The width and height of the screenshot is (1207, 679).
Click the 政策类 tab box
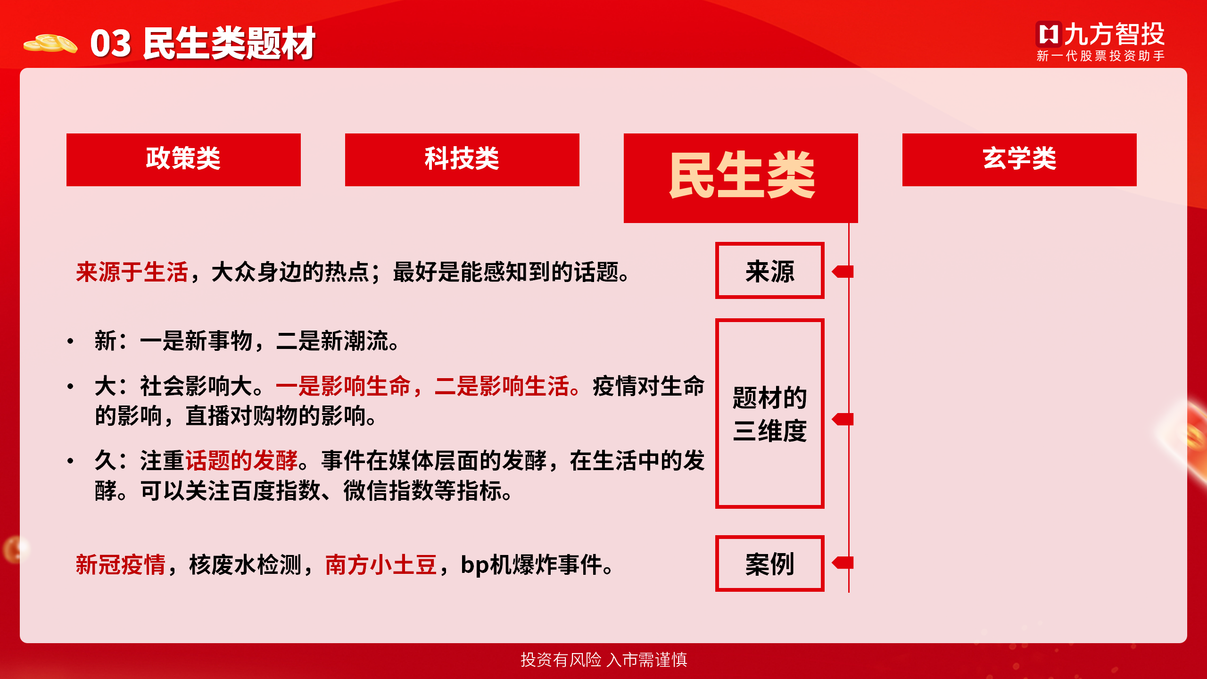click(x=183, y=160)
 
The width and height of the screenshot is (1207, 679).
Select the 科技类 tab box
click(x=462, y=160)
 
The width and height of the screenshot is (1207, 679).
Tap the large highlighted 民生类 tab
click(x=741, y=178)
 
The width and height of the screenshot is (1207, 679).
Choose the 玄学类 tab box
click(x=1019, y=160)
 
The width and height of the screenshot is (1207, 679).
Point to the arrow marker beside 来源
click(x=843, y=272)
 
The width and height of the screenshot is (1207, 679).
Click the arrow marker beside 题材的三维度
click(x=843, y=419)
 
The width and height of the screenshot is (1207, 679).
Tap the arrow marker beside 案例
click(x=843, y=563)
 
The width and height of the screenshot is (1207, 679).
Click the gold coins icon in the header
click(x=50, y=43)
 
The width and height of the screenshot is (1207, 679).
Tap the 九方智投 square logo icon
click(x=1049, y=34)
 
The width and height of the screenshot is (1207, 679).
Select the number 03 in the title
click(x=111, y=44)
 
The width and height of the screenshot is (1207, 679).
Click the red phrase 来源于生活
click(x=132, y=272)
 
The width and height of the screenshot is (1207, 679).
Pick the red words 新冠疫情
click(x=121, y=564)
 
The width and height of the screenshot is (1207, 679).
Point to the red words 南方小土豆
click(x=381, y=564)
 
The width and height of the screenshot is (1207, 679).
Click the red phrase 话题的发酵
click(x=241, y=460)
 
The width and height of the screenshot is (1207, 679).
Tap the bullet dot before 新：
click(x=70, y=341)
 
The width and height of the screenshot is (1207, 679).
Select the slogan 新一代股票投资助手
click(x=1100, y=56)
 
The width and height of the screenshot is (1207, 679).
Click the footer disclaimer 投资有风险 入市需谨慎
click(x=604, y=660)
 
